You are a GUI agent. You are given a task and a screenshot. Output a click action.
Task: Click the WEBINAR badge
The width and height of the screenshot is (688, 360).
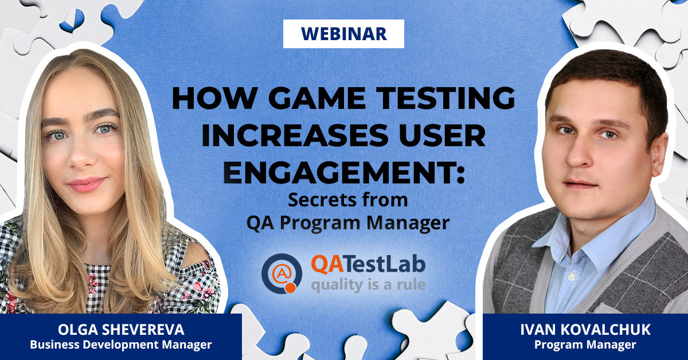tap(343, 34)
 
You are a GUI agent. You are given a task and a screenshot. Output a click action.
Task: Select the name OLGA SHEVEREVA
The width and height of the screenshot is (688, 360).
tap(120, 330)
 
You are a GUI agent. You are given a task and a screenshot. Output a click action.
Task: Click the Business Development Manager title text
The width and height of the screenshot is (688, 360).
tap(120, 345)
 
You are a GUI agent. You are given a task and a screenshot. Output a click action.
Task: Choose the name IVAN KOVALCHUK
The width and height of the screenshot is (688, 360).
tap(585, 330)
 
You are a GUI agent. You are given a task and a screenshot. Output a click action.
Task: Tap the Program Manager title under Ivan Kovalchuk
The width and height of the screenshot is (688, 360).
tap(585, 345)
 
